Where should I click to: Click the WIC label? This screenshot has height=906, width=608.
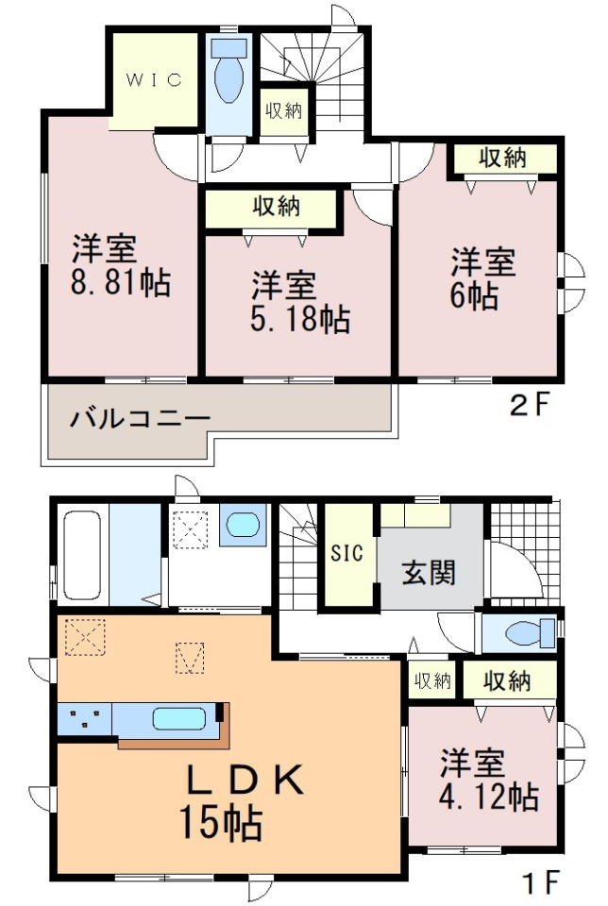pyautogui.click(x=154, y=79)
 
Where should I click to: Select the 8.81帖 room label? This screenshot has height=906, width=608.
pyautogui.click(x=121, y=266)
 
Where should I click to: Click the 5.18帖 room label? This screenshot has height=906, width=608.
pyautogui.click(x=300, y=302)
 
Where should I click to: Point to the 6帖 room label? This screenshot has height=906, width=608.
pyautogui.click(x=482, y=278)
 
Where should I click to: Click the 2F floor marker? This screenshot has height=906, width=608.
pyautogui.click(x=529, y=405)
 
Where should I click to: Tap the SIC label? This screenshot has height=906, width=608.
pyautogui.click(x=347, y=553)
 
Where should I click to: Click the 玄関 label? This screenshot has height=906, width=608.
pyautogui.click(x=429, y=573)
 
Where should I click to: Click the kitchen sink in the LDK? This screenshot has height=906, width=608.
pyautogui.click(x=179, y=719)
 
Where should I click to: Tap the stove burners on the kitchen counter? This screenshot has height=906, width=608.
pyautogui.click(x=84, y=719)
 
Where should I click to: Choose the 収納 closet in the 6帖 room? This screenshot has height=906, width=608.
pyautogui.click(x=504, y=158)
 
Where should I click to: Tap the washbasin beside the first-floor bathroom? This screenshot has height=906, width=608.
pyautogui.click(x=243, y=525)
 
